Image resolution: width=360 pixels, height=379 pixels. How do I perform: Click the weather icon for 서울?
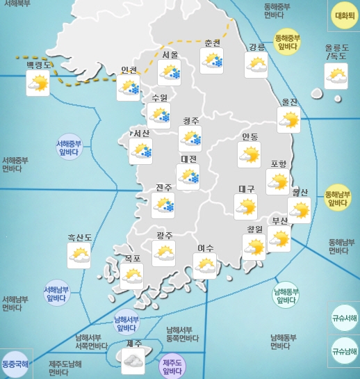point(170,73)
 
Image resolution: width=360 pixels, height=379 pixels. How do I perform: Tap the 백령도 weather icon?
point(38,84)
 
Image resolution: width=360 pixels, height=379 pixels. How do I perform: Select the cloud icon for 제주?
point(133,360)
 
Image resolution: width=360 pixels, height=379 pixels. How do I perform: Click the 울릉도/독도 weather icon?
point(336,76)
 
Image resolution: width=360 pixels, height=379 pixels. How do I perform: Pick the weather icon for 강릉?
point(256,65)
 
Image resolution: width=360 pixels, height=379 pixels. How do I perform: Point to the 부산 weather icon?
point(279,239)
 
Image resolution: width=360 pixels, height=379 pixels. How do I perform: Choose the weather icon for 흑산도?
point(79,257)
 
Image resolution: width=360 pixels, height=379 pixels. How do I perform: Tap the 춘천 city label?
point(212,42)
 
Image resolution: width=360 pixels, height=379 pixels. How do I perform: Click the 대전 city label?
point(188,159)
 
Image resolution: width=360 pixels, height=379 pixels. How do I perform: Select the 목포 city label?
point(132,258)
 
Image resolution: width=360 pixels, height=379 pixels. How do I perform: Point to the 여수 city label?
point(205,248)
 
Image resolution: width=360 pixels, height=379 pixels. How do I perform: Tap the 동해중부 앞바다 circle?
point(287,42)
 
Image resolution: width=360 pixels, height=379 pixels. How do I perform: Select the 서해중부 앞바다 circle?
point(69,148)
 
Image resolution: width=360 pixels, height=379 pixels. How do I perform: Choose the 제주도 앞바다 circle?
point(172,366)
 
